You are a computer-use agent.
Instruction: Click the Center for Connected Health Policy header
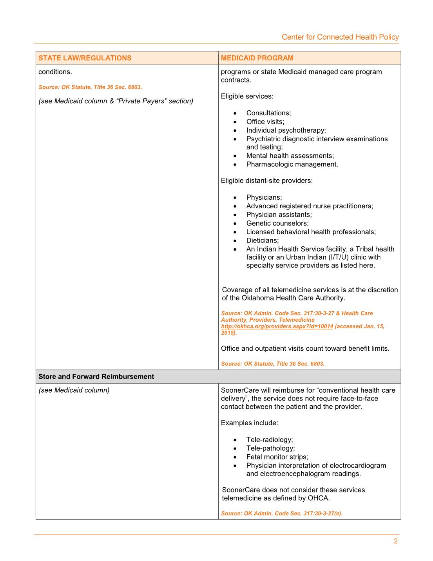[x=340, y=37]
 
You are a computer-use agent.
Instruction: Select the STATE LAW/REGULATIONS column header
[x=85, y=58]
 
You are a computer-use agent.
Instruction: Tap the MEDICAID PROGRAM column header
[x=257, y=58]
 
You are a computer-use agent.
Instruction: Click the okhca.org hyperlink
[x=277, y=326]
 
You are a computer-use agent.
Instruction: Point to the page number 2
[x=396, y=541]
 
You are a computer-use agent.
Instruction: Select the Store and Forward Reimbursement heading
[x=96, y=377]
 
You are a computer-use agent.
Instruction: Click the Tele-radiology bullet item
[x=270, y=440]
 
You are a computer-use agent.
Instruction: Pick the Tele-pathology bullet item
[x=270, y=448]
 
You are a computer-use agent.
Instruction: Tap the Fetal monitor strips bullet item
[x=277, y=457]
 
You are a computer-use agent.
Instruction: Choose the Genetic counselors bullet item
[x=277, y=223]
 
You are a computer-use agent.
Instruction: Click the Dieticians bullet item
[x=263, y=240]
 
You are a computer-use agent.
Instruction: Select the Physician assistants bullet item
[x=279, y=215]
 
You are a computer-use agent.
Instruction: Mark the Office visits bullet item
[x=265, y=122]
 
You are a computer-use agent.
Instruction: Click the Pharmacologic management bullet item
[x=292, y=164]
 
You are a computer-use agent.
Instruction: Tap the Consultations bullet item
[x=268, y=113]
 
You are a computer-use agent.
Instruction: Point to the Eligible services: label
[x=247, y=97]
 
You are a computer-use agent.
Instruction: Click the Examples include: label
[x=250, y=423]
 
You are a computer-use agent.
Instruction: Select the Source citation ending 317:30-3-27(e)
[x=282, y=514]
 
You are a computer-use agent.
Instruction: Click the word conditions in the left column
[x=55, y=72]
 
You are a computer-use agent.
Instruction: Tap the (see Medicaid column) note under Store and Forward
[x=74, y=390]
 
